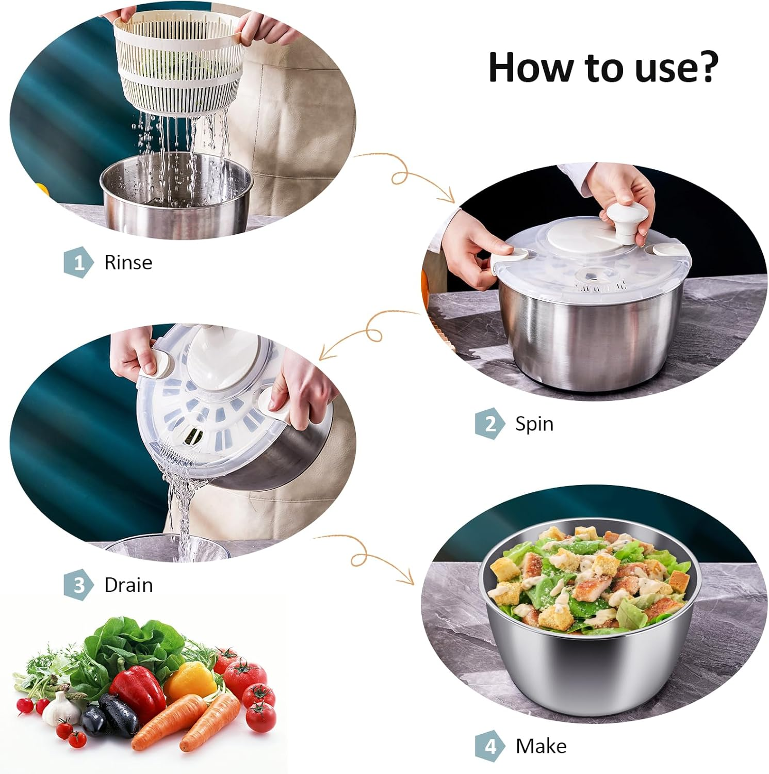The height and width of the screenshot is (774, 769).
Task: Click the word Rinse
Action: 128,263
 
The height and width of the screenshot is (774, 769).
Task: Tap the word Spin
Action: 534,424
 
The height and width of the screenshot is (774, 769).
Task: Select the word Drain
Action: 128,585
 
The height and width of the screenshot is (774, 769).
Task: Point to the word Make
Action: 541,746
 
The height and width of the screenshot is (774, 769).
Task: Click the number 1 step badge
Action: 78,263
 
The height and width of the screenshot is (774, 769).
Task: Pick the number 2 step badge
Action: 490,424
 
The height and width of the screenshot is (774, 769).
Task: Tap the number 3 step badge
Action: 78,586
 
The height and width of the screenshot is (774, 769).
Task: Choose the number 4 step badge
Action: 490,747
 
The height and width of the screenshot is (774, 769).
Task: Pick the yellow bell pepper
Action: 191,681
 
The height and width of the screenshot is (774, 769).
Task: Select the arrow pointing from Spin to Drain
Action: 366,333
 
